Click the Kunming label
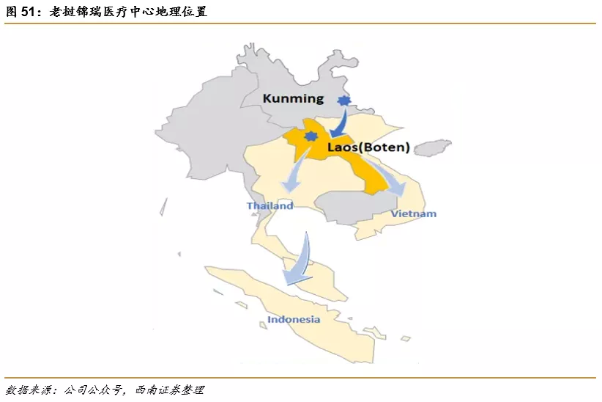tap(293, 98)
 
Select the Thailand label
tap(270, 205)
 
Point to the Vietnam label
tap(413, 213)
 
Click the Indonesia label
tap(293, 319)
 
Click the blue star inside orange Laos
tap(311, 136)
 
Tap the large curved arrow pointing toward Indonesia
tap(299, 261)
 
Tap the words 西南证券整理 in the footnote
tap(171, 390)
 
